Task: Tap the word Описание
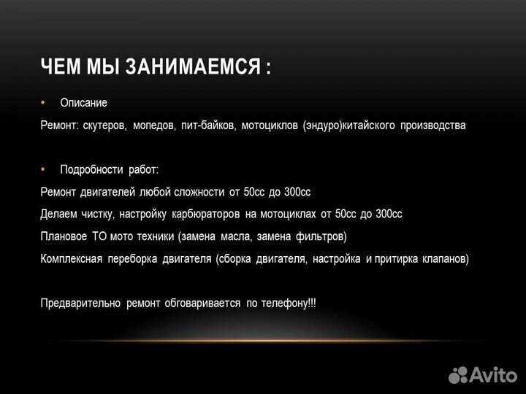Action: tap(83, 103)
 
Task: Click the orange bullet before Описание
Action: tap(43, 102)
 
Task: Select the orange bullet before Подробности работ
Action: tap(43, 169)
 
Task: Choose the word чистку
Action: tap(94, 215)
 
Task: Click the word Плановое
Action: tap(64, 236)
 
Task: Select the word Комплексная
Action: tap(71, 259)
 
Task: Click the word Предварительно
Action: tap(80, 304)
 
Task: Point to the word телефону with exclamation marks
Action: tap(289, 304)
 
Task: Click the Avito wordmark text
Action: tap(493, 374)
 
